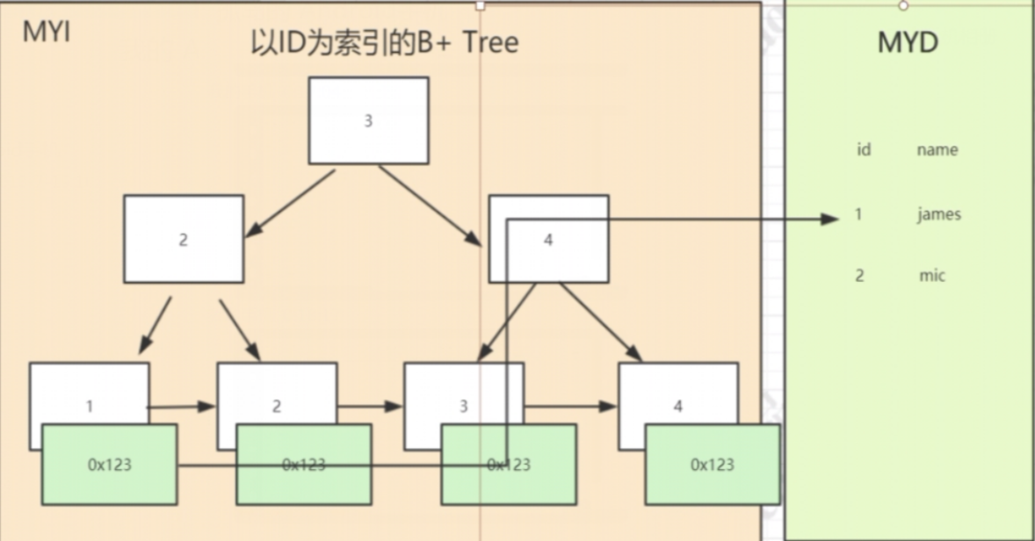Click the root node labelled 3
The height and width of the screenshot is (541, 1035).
368,120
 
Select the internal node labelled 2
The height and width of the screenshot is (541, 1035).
184,239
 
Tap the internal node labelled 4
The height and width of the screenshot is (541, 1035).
548,239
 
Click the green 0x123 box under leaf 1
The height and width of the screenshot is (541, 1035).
109,465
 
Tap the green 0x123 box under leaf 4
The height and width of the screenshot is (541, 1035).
713,465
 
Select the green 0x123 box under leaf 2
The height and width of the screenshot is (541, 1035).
303,465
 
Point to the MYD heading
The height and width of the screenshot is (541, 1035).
908,42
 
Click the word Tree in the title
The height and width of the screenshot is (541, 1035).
490,42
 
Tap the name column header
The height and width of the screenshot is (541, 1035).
937,150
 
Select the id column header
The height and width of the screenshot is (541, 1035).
864,150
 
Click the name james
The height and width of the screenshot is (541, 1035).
938,214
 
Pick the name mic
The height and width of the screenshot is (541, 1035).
932,276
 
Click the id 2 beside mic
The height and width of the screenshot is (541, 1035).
859,276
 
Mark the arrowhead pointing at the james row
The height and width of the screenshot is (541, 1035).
831,219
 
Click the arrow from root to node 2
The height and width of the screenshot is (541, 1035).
290,203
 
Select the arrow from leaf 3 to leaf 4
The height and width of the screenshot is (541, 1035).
570,406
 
